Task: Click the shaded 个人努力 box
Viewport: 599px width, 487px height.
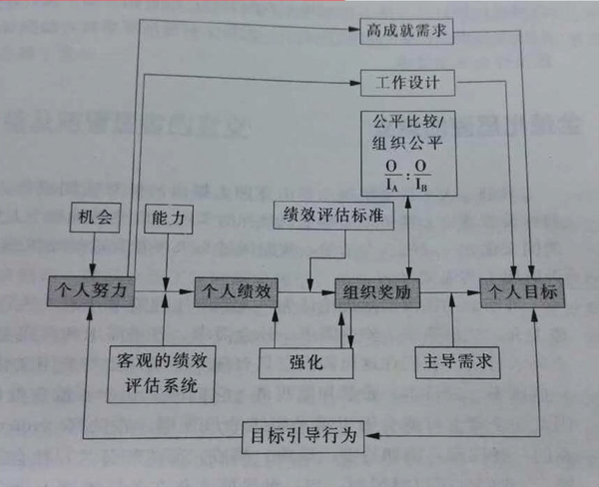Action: click(x=91, y=290)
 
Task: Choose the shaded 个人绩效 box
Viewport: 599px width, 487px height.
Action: click(x=237, y=290)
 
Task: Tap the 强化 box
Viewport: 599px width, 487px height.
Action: click(x=304, y=362)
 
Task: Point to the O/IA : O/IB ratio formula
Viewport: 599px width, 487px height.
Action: click(x=409, y=176)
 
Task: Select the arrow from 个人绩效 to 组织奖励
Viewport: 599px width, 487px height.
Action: click(x=305, y=290)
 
